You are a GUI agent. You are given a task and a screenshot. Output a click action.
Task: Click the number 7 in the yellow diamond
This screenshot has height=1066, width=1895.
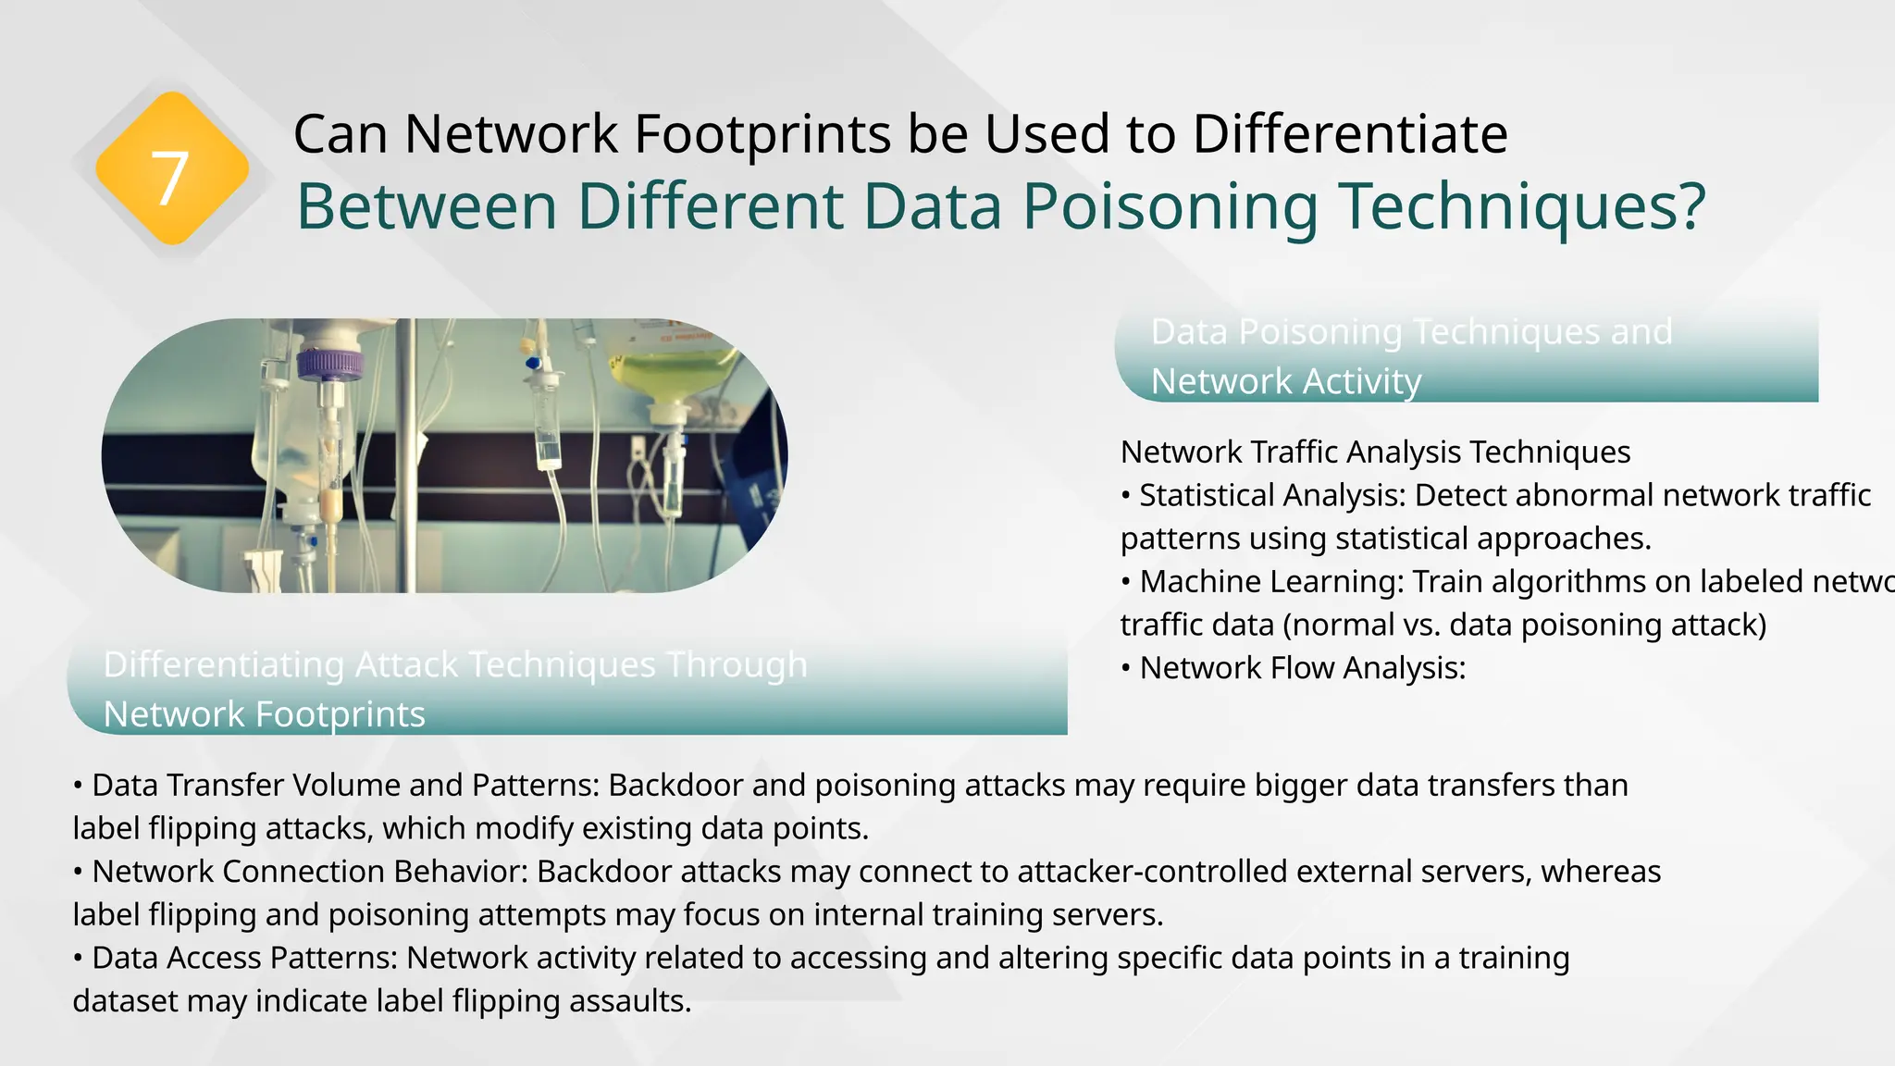coord(169,178)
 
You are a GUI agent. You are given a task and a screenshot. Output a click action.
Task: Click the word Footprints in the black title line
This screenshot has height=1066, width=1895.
coord(762,134)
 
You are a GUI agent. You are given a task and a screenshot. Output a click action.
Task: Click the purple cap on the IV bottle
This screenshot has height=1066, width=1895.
coord(329,362)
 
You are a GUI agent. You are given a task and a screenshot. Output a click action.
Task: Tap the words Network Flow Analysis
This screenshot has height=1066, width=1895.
coord(1302,667)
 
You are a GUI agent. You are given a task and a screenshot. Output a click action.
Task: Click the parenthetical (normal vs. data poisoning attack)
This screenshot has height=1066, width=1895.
coord(1525,625)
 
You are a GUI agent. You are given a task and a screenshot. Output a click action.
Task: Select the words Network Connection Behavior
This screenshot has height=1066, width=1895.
coord(310,871)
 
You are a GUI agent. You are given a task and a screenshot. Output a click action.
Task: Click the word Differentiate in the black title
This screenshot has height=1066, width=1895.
coord(1350,134)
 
